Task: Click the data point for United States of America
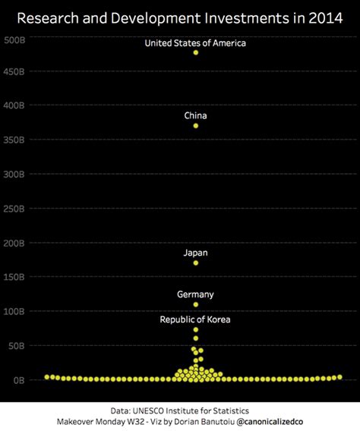coord(196,52)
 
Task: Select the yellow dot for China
coord(196,125)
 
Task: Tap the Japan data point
coord(196,263)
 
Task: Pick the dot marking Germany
coord(196,304)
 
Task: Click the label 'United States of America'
coord(196,43)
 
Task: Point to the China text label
coord(196,115)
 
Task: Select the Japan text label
coord(196,253)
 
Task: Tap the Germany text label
coord(196,294)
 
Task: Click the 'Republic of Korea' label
coord(196,319)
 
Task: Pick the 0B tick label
coord(19,379)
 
